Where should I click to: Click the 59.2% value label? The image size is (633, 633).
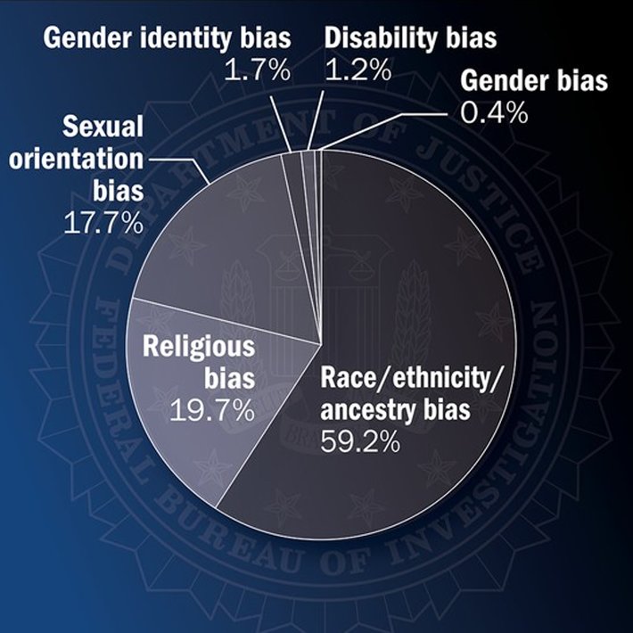pyautogui.click(x=362, y=440)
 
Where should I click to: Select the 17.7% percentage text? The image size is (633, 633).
pyautogui.click(x=103, y=222)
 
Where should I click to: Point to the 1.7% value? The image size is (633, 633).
pyautogui.click(x=258, y=71)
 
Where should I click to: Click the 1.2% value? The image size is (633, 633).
pyautogui.click(x=358, y=71)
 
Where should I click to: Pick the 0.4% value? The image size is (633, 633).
pyautogui.click(x=494, y=114)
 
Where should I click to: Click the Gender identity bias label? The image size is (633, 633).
pyautogui.click(x=166, y=40)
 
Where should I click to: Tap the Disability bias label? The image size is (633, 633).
pyautogui.click(x=410, y=40)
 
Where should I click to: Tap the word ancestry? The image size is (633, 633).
pyautogui.click(x=366, y=411)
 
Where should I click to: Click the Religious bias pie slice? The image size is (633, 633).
pyautogui.click(x=205, y=392)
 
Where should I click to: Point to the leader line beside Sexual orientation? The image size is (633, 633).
pyautogui.click(x=178, y=164)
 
